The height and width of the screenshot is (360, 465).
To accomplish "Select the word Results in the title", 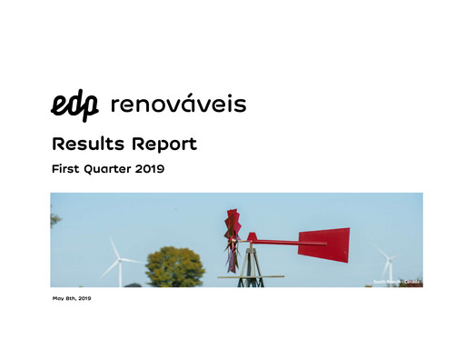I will click(x=88, y=144).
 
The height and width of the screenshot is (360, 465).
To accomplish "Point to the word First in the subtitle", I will click(x=68, y=169).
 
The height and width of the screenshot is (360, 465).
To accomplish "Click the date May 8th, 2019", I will click(x=72, y=298).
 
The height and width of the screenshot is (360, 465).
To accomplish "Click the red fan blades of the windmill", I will click(x=233, y=238).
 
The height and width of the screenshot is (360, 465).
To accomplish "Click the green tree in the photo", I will click(x=174, y=268).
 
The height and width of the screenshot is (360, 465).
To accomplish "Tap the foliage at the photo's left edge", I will click(x=54, y=218).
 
